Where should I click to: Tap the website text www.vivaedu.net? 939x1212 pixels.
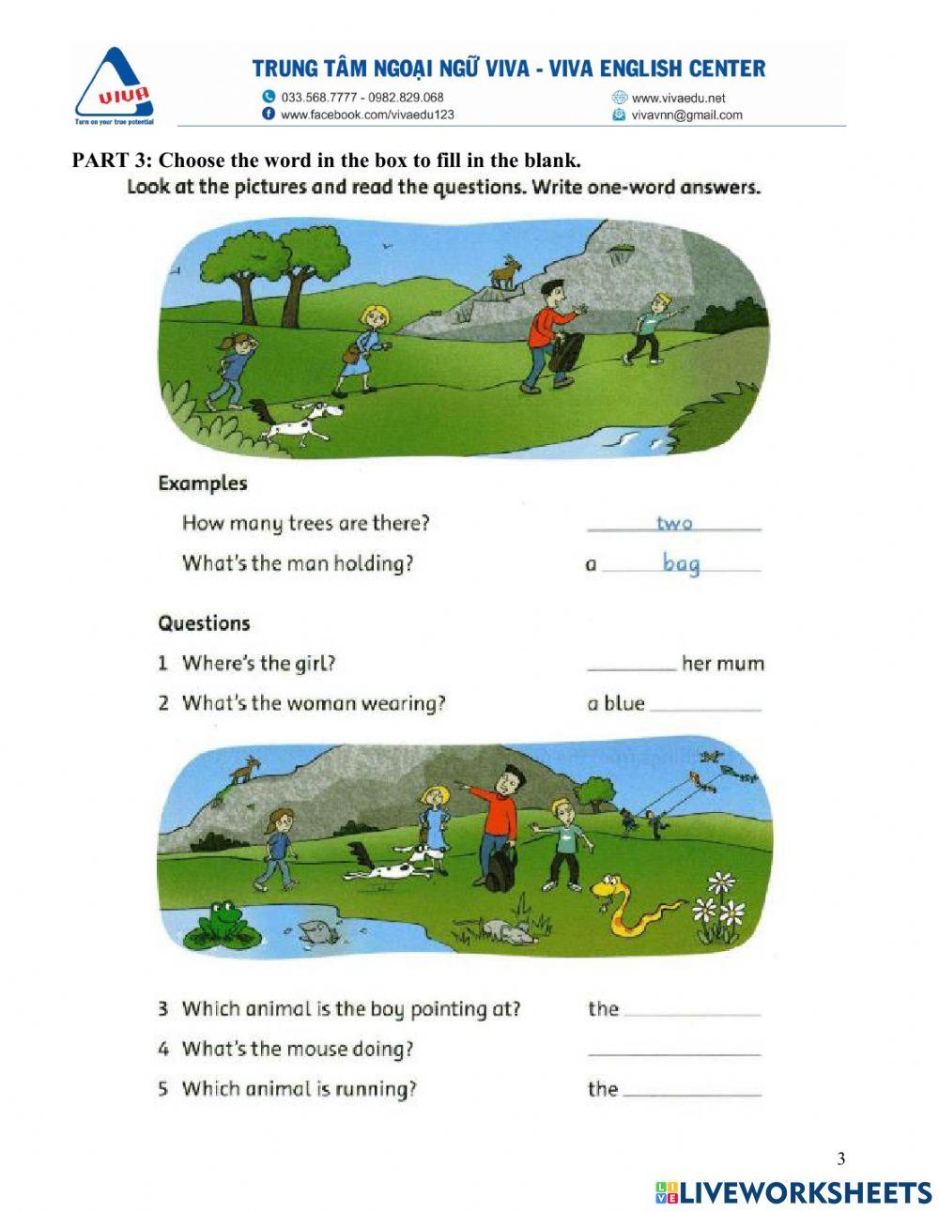678,98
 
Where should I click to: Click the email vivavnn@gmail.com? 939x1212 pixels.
686,115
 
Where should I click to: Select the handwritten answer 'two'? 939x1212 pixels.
674,523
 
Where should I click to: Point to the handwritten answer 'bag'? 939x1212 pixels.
681,563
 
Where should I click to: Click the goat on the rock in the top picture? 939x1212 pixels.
506,272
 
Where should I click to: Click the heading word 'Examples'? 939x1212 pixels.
203,483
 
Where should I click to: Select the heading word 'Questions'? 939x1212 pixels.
204,623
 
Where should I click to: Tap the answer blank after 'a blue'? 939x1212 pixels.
704,707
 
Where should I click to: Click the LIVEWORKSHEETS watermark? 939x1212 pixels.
793,1192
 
